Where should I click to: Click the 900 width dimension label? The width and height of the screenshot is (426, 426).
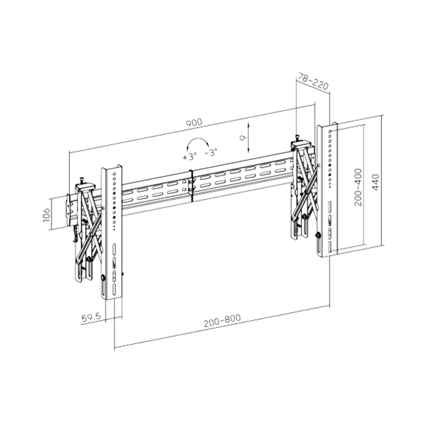tap(194, 123)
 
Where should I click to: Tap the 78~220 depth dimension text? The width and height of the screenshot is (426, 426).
tap(313, 82)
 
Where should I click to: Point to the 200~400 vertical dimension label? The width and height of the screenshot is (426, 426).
tap(358, 187)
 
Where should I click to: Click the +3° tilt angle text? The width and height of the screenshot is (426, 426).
tap(189, 157)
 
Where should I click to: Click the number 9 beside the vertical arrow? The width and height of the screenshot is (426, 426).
tap(242, 137)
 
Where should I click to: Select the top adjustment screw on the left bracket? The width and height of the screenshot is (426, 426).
tap(82, 180)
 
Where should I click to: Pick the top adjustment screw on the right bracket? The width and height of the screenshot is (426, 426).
tap(297, 137)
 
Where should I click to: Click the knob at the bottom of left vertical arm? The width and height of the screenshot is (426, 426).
tap(103, 278)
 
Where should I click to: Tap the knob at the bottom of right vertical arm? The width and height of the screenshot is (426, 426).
tap(318, 235)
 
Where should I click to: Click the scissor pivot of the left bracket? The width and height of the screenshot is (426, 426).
tap(90, 234)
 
